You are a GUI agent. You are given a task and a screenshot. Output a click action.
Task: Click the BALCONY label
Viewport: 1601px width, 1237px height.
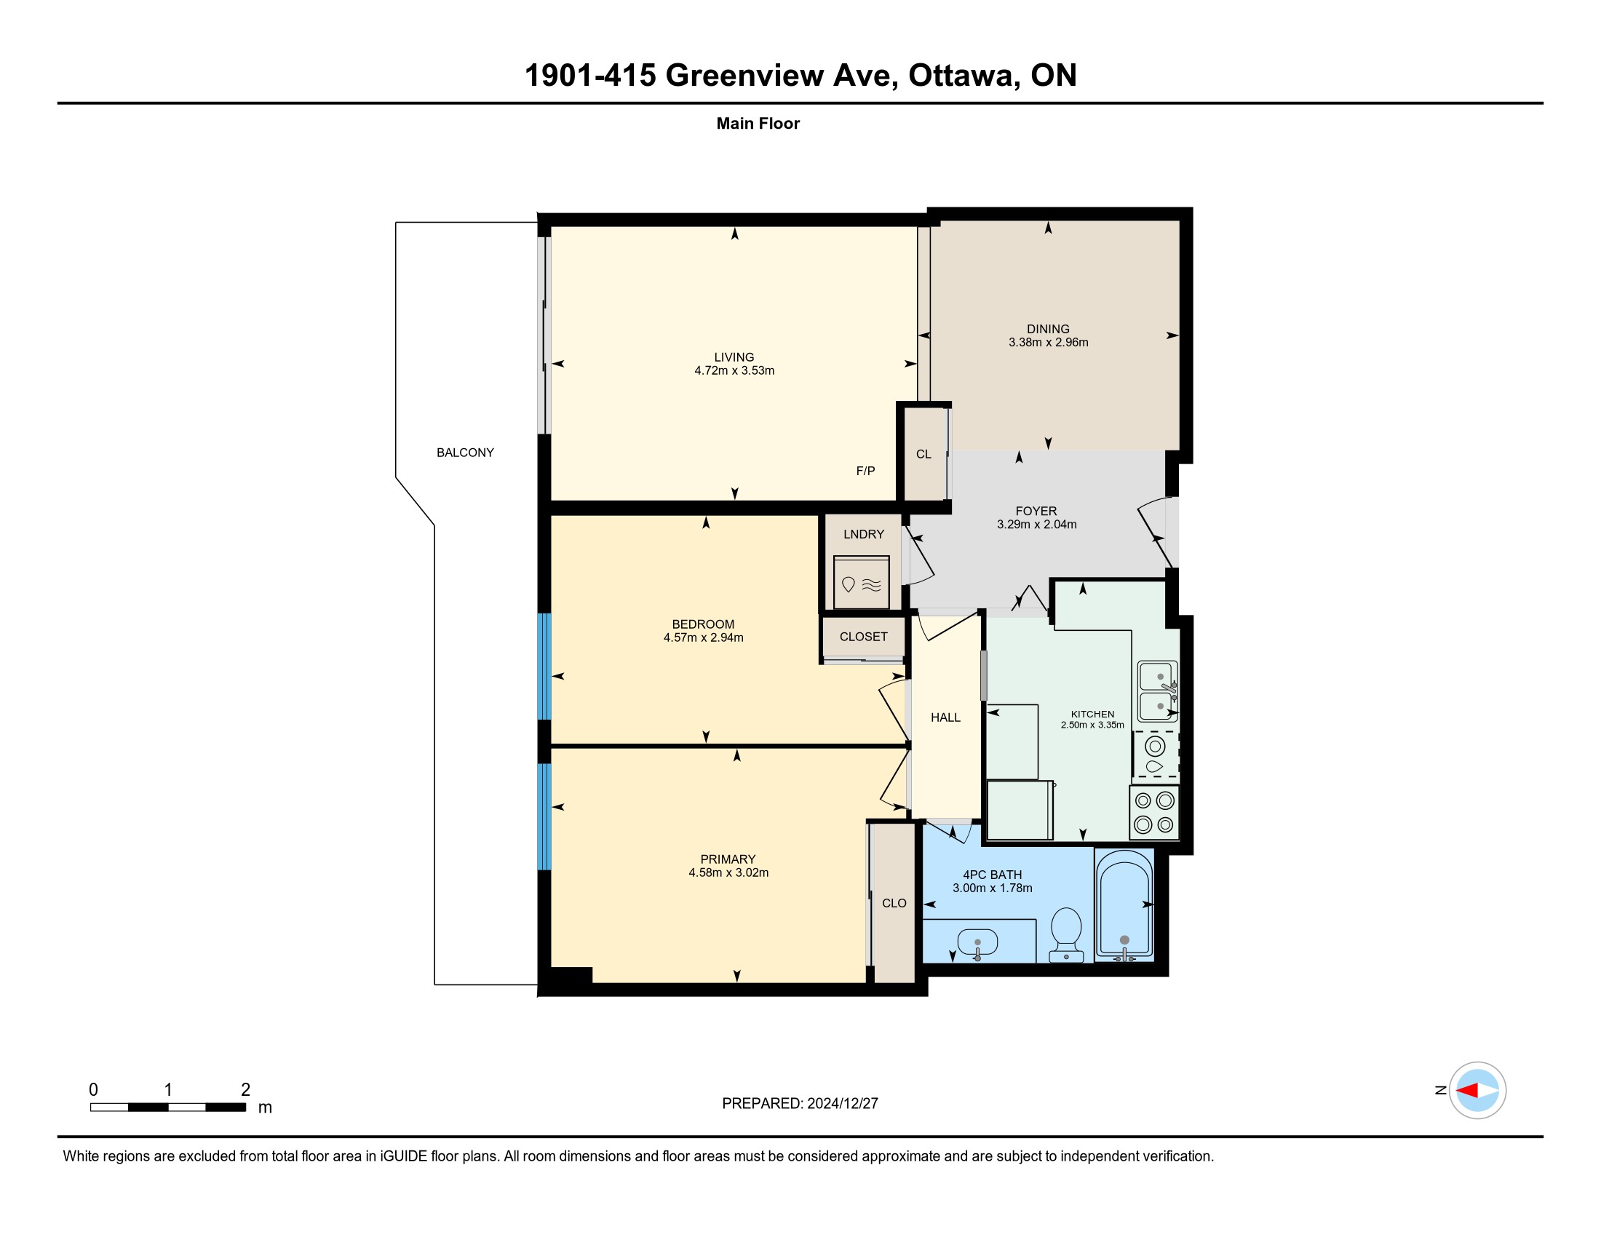465,453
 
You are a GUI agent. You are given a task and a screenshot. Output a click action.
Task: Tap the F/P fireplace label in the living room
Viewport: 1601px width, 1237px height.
865,472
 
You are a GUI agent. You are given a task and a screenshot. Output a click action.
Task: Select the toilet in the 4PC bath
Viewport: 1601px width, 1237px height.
1066,934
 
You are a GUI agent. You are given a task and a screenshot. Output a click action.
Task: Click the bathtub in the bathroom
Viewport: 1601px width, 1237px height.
1124,906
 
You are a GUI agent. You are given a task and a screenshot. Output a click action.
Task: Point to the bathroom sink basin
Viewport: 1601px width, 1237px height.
977,942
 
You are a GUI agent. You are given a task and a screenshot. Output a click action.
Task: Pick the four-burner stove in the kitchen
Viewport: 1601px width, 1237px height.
1154,813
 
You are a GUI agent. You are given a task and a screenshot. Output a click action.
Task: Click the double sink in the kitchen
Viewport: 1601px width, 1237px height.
1158,691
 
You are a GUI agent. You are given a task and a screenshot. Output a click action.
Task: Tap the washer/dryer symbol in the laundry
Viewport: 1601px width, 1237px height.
861,582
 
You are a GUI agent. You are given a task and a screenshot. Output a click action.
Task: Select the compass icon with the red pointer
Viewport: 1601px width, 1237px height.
1477,1091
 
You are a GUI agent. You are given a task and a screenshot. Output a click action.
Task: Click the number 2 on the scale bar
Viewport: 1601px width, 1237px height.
245,1090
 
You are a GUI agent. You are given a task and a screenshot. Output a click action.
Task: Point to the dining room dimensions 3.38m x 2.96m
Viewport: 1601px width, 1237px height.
1048,342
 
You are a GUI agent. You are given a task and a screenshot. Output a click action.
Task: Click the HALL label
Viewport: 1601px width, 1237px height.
945,717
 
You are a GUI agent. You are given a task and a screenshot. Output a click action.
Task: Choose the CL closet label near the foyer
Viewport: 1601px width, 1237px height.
923,454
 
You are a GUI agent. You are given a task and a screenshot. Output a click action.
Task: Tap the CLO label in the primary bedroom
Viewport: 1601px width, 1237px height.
894,904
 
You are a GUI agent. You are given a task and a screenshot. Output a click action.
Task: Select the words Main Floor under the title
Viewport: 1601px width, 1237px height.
758,124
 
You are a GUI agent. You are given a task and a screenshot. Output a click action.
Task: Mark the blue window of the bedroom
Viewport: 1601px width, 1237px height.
544,667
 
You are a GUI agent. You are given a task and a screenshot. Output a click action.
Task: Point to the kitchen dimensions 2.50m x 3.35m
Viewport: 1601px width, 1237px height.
1092,725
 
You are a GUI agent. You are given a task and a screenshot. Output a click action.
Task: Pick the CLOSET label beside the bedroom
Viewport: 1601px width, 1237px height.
864,637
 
